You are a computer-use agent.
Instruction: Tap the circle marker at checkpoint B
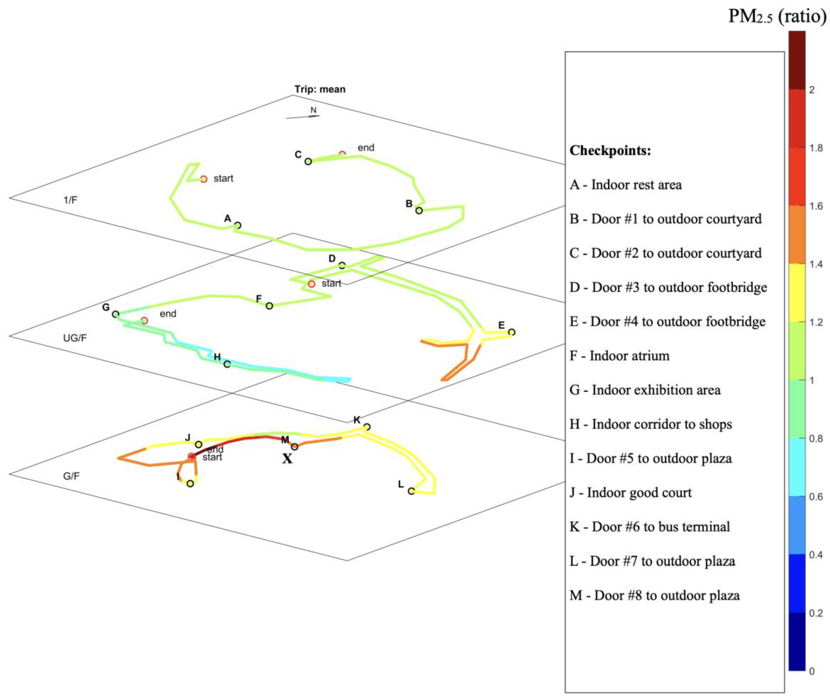tap(419, 210)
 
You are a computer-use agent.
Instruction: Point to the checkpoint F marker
tap(269, 305)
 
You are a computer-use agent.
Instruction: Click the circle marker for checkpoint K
tap(367, 427)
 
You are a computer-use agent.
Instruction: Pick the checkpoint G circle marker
tap(115, 314)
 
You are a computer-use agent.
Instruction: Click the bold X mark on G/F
tap(287, 459)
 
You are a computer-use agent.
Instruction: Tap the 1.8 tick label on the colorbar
tap(816, 148)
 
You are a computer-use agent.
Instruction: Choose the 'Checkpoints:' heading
tap(610, 150)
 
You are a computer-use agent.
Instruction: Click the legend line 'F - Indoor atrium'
tap(620, 356)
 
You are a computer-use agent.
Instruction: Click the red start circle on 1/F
tap(203, 179)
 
